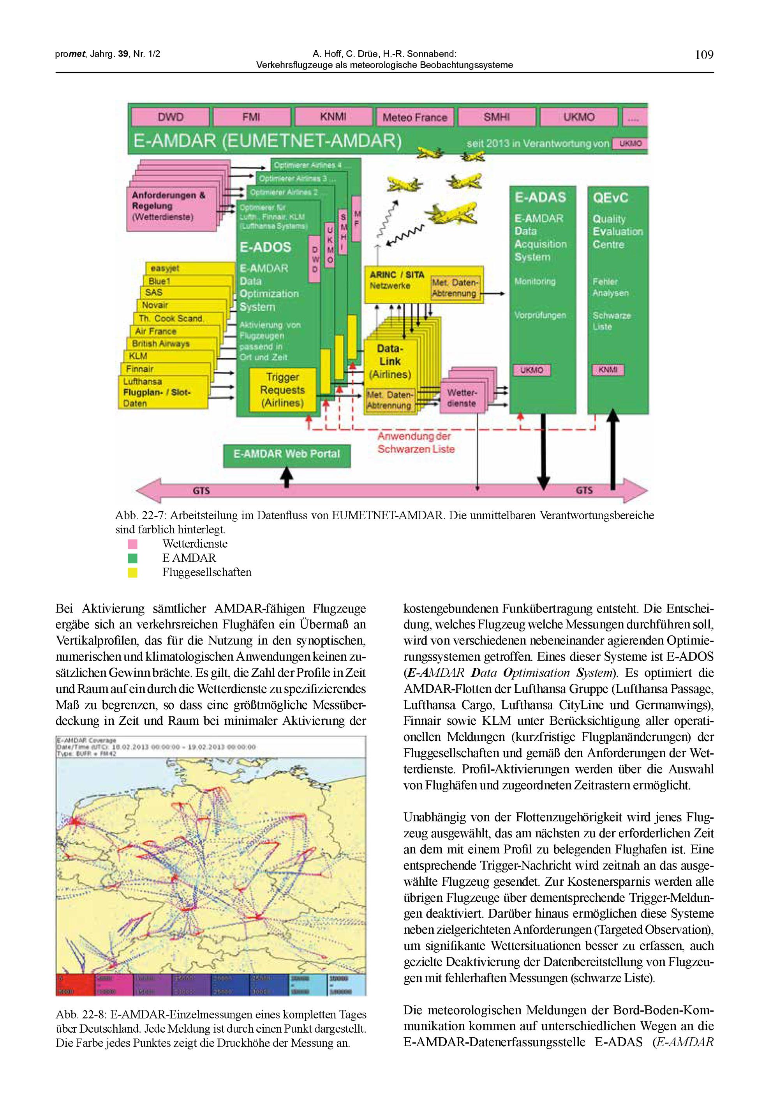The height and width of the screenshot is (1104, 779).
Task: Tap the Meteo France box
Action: coord(415,117)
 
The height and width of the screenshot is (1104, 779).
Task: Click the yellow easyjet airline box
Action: coord(190,268)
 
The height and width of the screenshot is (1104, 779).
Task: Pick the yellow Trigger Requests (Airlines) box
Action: coord(282,390)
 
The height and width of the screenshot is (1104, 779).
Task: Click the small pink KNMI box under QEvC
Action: coord(608,370)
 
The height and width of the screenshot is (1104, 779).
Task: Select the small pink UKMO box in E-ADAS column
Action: coord(532,370)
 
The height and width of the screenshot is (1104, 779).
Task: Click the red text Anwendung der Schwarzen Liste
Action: coord(415,442)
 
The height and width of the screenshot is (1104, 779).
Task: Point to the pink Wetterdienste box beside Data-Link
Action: coord(462,398)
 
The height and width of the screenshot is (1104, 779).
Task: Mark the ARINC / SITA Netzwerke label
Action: coord(396,280)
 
